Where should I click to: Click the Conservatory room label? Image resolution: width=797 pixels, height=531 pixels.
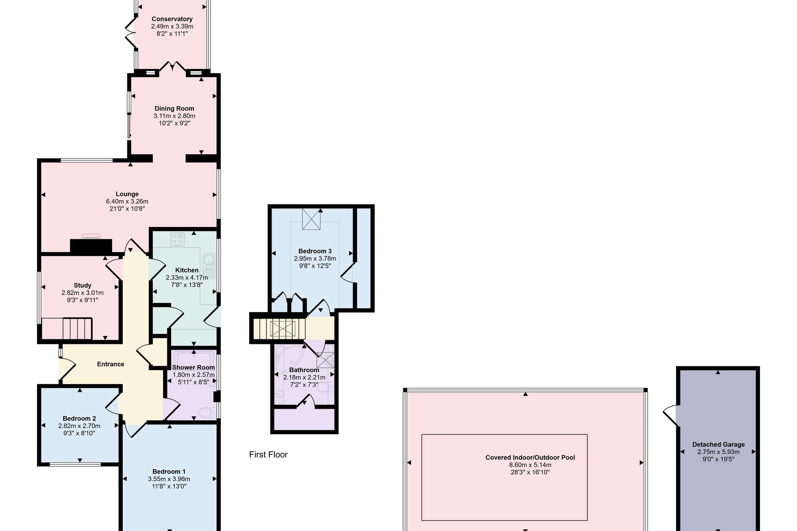[x=172, y=19]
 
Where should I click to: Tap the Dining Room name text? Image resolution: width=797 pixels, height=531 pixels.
[x=174, y=109]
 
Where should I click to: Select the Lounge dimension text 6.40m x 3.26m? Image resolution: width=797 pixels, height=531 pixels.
[x=127, y=202]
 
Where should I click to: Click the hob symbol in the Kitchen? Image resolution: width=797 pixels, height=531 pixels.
[x=178, y=239]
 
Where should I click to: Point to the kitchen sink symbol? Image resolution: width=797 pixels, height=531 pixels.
[x=209, y=266]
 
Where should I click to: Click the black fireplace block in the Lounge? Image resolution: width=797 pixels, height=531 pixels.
[x=91, y=246]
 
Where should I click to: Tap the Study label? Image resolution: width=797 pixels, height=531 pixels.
[x=83, y=285]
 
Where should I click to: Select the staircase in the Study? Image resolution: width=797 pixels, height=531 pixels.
[x=67, y=329]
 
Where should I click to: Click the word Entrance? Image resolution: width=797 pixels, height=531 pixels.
[x=111, y=364]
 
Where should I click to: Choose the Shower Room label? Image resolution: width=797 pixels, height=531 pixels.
[x=193, y=368]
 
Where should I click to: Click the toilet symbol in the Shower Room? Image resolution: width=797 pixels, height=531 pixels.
[x=208, y=412]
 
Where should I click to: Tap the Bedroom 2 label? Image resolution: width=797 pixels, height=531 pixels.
[x=79, y=419]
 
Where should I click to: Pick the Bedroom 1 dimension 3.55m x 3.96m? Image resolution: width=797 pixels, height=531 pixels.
[x=169, y=479]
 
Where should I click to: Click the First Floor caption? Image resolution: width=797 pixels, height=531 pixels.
[x=268, y=455]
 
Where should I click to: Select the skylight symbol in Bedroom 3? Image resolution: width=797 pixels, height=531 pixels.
[x=311, y=219]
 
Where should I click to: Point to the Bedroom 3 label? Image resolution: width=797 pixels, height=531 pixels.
[x=315, y=251]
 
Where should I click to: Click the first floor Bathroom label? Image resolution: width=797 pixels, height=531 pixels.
[x=304, y=370]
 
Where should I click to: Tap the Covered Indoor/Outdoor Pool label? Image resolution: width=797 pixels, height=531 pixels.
[x=531, y=458]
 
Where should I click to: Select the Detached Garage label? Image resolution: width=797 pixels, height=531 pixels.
[x=719, y=445]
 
